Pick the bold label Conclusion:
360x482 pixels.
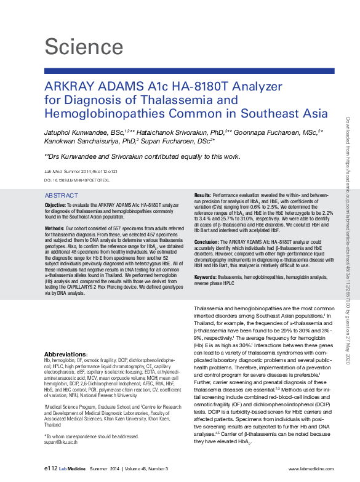209,242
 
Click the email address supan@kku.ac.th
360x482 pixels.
60,442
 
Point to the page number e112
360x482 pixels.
50,468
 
